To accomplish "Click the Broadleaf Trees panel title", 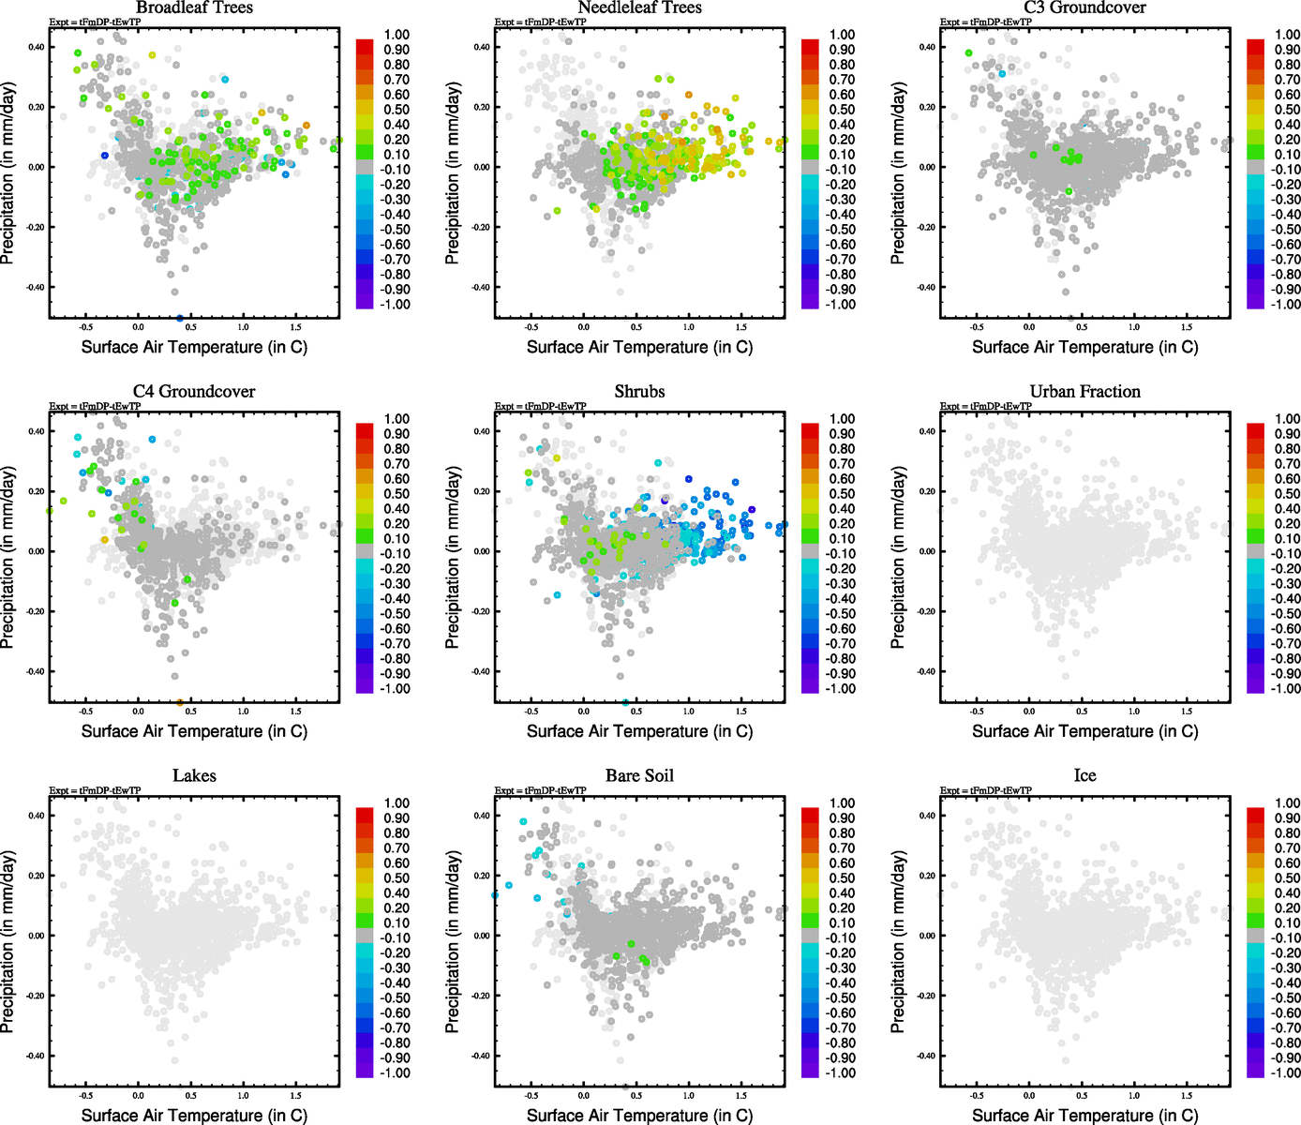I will (x=194, y=7).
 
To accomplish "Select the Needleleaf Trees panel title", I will (x=639, y=7).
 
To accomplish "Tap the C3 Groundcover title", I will (x=1084, y=7).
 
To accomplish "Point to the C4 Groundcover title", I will (x=194, y=392).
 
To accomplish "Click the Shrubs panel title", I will (x=639, y=392).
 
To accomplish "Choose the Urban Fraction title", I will (x=1084, y=392).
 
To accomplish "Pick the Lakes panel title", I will (x=194, y=776).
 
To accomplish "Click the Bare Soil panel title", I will (x=639, y=776).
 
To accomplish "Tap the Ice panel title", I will (x=1084, y=776).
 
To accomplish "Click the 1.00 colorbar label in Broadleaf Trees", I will (x=396, y=35).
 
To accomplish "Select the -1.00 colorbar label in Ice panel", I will (x=1285, y=1072).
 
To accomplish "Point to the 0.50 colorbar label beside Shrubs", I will (x=842, y=494).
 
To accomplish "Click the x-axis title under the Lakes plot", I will (x=194, y=1116).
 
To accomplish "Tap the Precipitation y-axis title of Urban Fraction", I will (x=898, y=559).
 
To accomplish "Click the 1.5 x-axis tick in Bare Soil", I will (x=741, y=1095).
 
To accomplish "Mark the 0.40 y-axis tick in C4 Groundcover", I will (x=36, y=431).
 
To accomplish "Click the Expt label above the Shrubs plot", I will (x=540, y=406).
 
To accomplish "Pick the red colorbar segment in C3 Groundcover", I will (x=1256, y=46).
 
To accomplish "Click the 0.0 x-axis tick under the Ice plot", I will (x=1029, y=1095).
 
